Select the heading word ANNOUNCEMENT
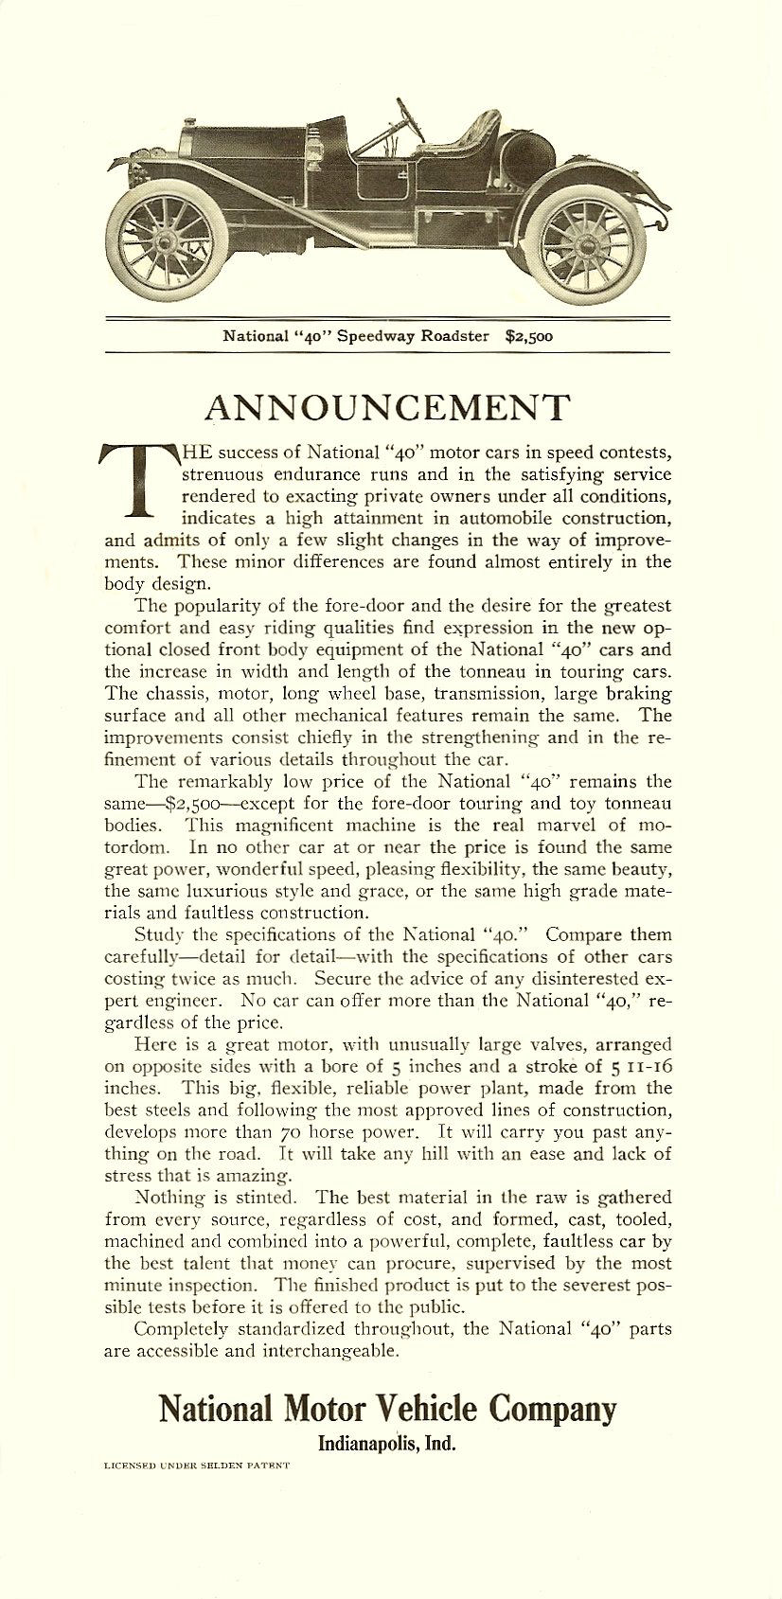387,407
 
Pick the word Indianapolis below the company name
364,1445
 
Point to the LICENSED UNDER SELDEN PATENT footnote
196,1491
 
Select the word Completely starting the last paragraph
182,1328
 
